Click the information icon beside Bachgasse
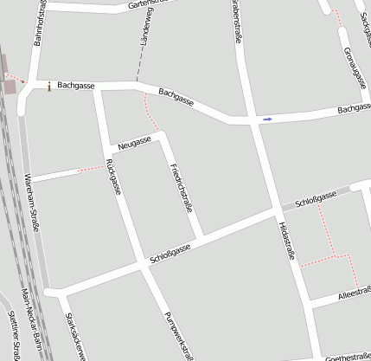pyautogui.click(x=49, y=86)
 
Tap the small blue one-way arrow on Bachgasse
pyautogui.click(x=268, y=119)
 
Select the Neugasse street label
pyautogui.click(x=134, y=142)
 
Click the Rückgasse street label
pyautogui.click(x=111, y=177)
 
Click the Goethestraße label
pyautogui.click(x=346, y=356)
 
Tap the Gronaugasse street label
pyautogui.click(x=350, y=67)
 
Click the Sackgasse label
pyautogui.click(x=362, y=30)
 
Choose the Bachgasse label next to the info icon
pyautogui.click(x=75, y=86)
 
